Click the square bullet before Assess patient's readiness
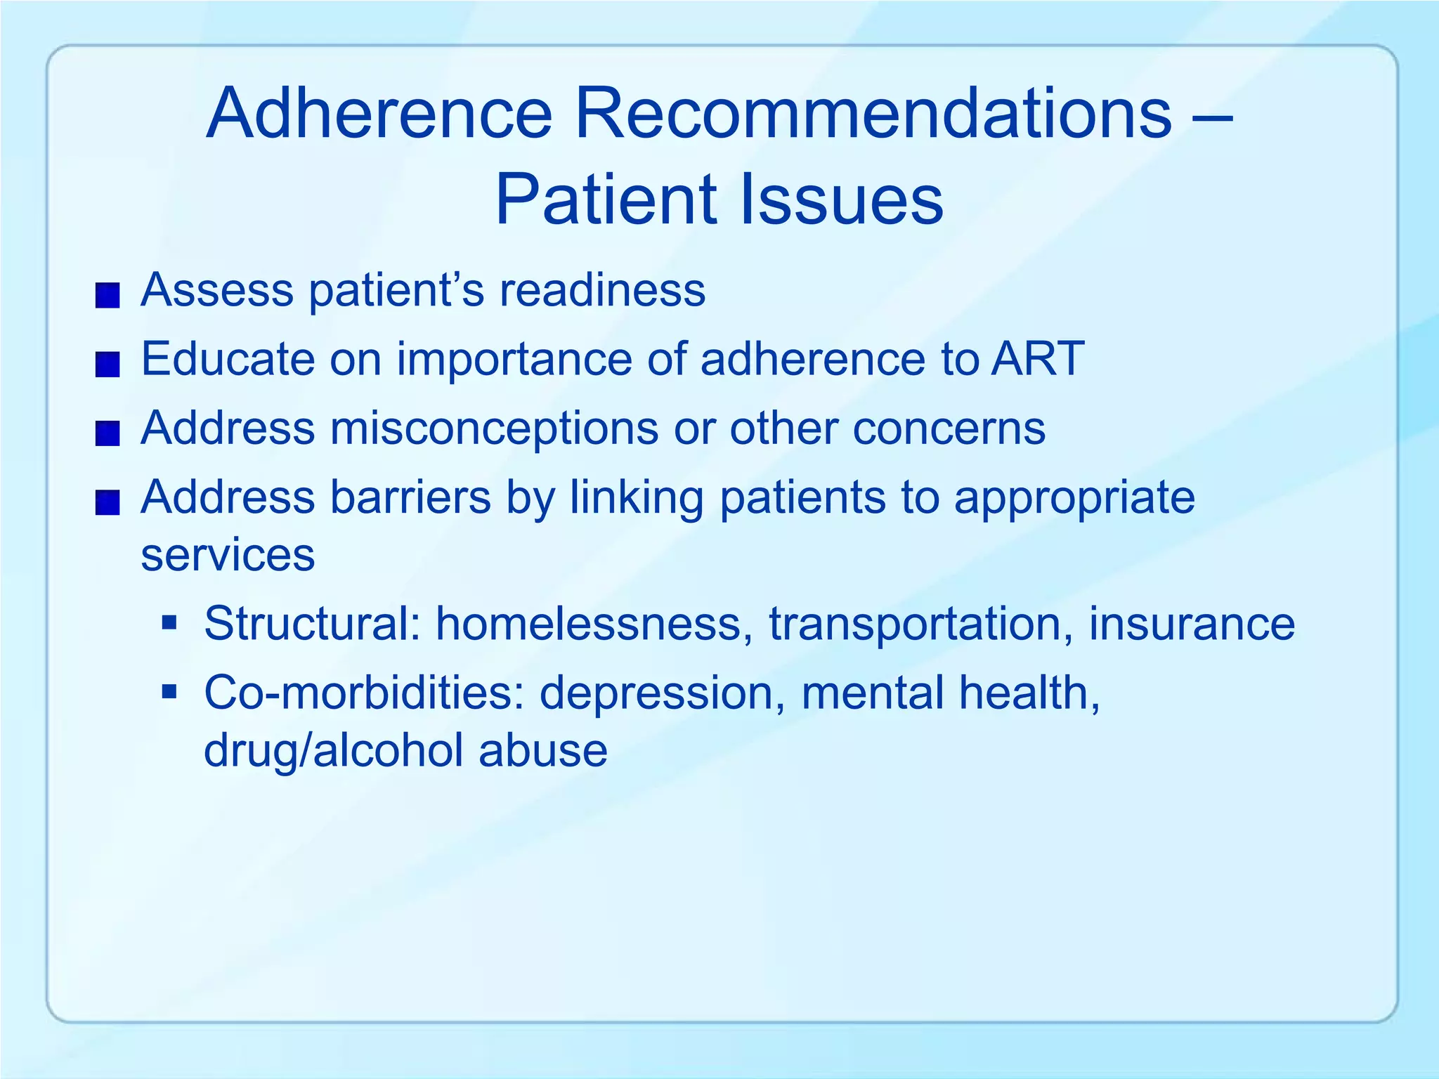[108, 296]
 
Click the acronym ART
[1038, 358]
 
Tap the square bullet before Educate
[108, 365]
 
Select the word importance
[514, 360]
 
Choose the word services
[228, 555]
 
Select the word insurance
[1191, 623]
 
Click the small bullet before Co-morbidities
[169, 692]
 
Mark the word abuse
[542, 750]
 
